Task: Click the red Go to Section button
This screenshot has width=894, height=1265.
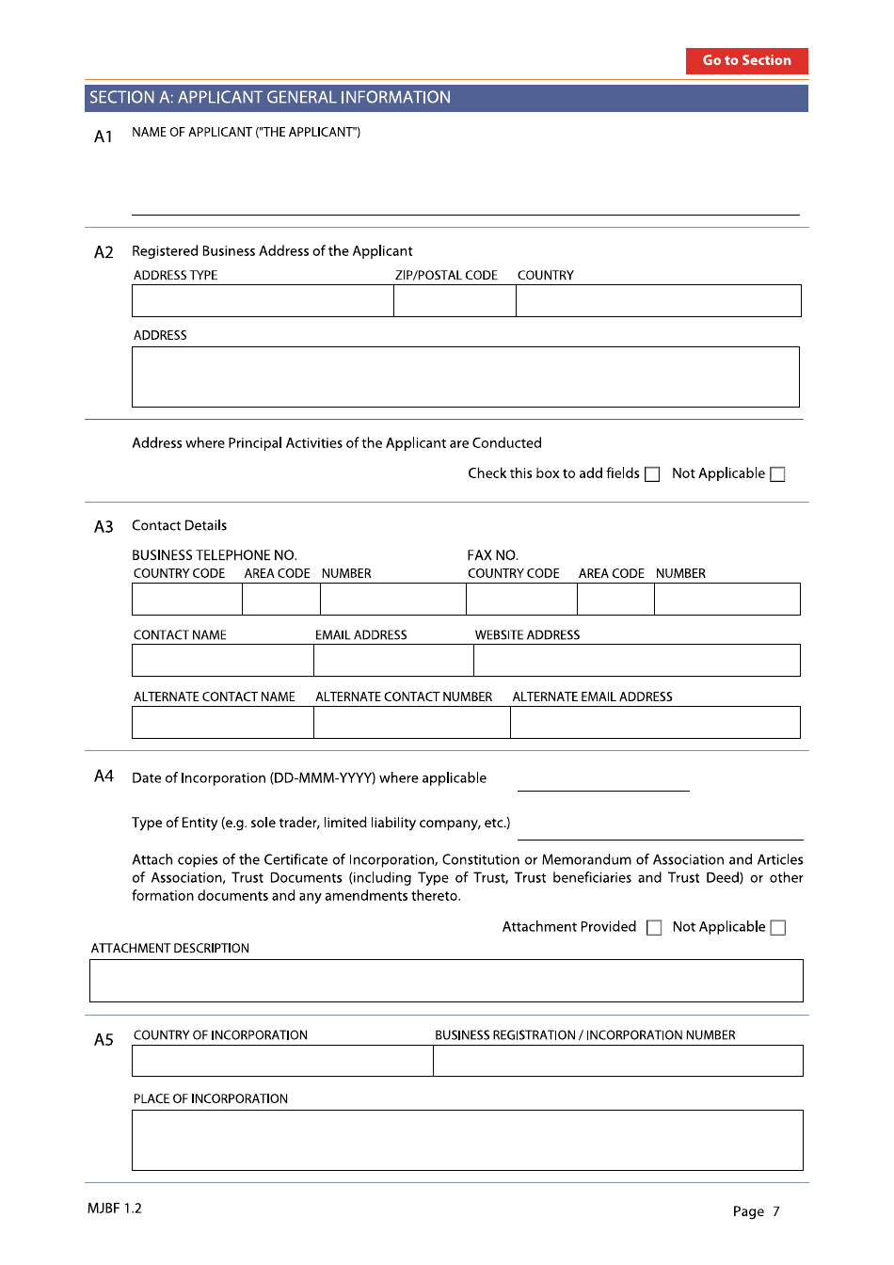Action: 746,60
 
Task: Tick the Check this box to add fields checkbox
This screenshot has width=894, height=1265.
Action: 652,474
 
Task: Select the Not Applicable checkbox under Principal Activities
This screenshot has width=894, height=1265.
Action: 777,474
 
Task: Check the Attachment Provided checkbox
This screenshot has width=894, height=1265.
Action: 654,928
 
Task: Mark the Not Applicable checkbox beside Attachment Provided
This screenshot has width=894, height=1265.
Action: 777,928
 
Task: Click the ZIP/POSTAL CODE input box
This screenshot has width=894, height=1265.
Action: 455,301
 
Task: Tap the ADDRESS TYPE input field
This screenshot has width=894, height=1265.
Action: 263,301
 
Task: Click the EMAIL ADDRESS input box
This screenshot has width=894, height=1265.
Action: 393,661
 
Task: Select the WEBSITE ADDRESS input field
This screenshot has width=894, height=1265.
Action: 636,661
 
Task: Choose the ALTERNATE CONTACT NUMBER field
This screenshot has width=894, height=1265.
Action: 411,723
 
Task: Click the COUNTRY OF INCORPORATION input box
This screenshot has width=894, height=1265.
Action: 282,1061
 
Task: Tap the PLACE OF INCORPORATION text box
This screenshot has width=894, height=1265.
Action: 467,1140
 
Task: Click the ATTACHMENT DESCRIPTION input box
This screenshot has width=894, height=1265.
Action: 446,981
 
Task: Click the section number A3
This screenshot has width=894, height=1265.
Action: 104,527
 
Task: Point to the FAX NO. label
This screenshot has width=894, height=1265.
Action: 492,555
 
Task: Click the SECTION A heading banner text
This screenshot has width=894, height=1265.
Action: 270,98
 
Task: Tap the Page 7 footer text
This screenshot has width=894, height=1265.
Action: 756,1211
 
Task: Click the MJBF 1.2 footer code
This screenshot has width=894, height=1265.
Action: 115,1209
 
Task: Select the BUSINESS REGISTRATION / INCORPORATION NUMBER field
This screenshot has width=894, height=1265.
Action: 617,1061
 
